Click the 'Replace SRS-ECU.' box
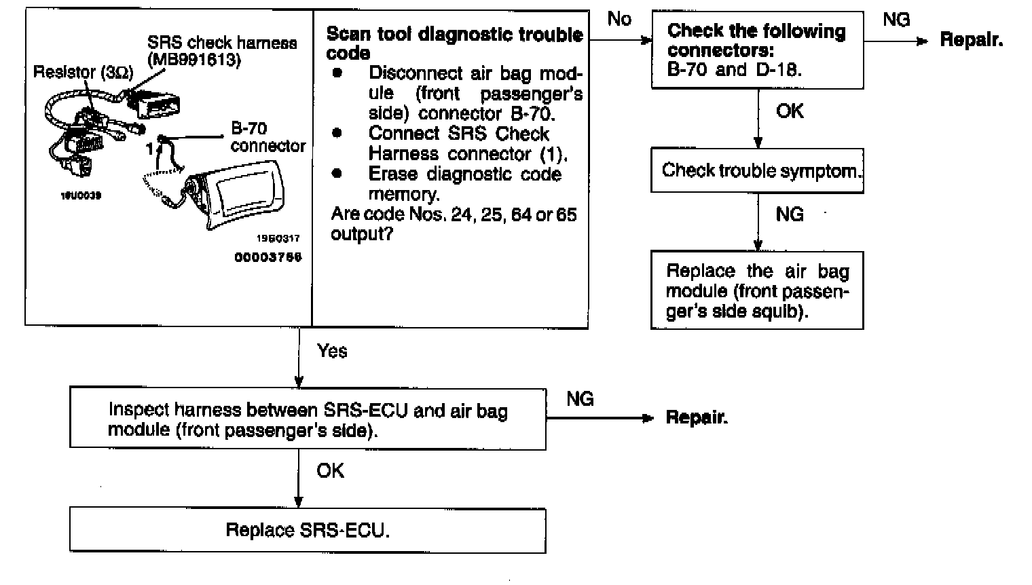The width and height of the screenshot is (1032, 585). click(x=308, y=530)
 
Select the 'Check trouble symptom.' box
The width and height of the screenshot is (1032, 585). click(x=757, y=170)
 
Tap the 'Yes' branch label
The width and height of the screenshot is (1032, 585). click(x=332, y=351)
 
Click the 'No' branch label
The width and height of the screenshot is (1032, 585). click(x=619, y=19)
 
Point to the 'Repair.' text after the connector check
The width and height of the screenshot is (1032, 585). click(x=971, y=40)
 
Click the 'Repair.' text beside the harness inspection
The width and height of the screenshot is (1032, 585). click(x=697, y=417)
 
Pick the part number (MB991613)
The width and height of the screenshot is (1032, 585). click(x=194, y=60)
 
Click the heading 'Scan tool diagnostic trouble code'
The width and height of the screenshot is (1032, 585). click(x=454, y=43)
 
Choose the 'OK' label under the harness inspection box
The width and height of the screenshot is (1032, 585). click(x=331, y=470)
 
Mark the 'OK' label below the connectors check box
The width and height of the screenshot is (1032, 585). click(x=790, y=111)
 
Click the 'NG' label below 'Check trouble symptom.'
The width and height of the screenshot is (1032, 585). click(x=790, y=214)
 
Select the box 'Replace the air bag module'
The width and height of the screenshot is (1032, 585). click(x=757, y=290)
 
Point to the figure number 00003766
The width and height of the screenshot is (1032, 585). click(x=268, y=257)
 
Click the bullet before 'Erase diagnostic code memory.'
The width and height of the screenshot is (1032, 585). click(x=336, y=173)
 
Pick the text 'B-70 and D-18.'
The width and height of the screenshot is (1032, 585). click(x=734, y=70)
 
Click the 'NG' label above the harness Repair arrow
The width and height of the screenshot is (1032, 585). click(x=580, y=398)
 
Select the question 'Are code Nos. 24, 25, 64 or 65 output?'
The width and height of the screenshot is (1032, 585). click(x=454, y=224)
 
